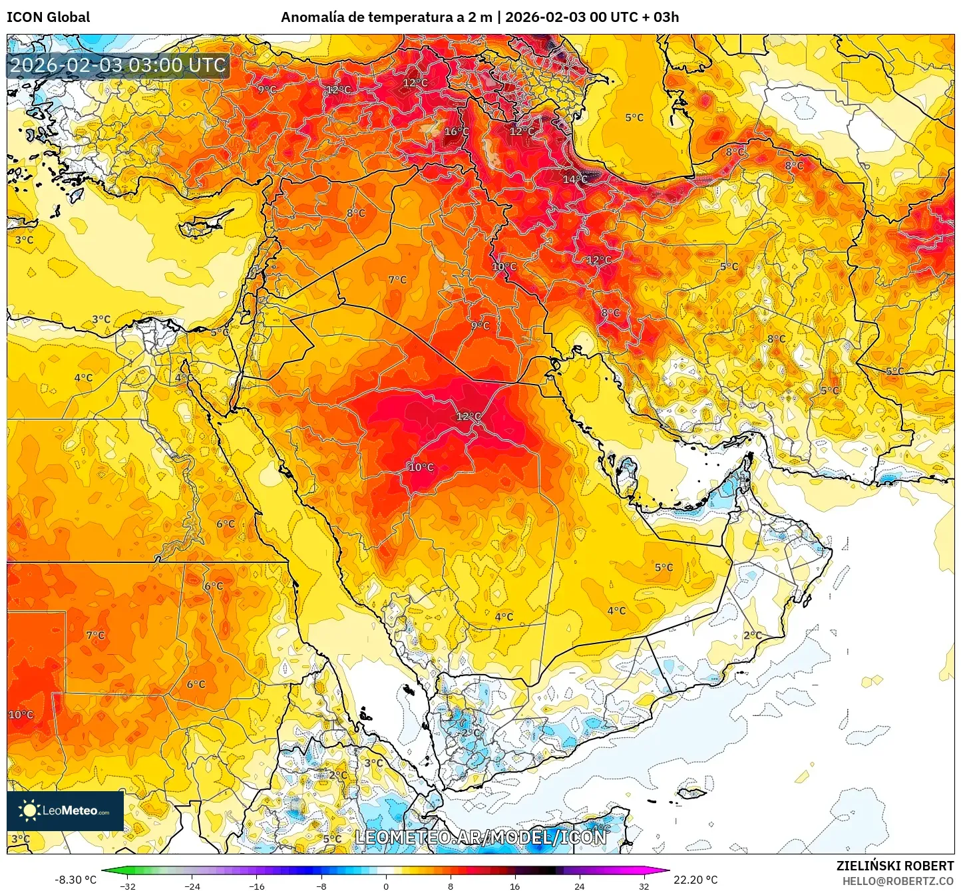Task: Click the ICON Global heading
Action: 48,17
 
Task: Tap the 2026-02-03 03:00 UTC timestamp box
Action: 118,65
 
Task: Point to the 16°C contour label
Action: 457,132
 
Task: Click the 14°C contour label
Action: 575,179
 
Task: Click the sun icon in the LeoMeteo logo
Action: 29,810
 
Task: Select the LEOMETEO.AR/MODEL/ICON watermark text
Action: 480,837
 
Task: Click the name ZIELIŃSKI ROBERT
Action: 894,866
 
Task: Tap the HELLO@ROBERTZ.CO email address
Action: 898,881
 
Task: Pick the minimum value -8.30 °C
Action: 75,880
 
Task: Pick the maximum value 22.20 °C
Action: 695,880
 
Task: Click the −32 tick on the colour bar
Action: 128,886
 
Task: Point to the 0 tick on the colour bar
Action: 386,886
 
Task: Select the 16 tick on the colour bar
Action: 515,886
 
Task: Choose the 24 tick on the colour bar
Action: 580,886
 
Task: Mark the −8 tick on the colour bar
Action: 321,886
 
